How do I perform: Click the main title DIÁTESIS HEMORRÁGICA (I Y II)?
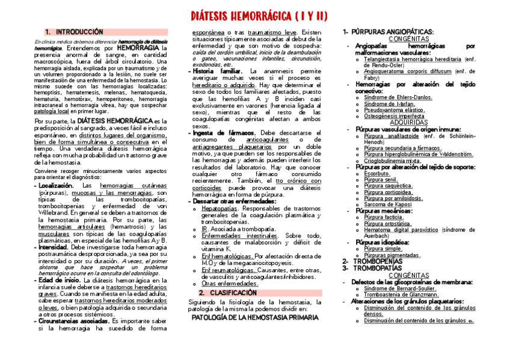[x=259, y=16]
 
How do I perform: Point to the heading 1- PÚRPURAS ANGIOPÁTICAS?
[x=388, y=31]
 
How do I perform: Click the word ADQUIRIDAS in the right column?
[x=408, y=122]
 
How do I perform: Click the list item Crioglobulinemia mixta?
[x=392, y=160]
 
